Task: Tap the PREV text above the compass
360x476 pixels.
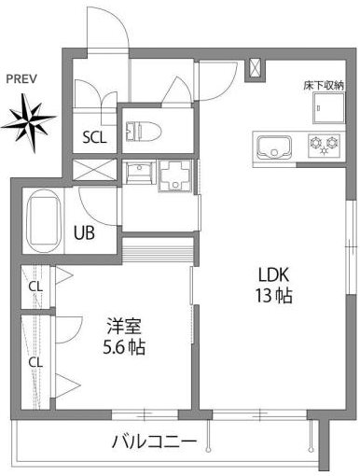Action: click(21, 79)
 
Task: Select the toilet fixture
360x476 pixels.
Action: click(144, 131)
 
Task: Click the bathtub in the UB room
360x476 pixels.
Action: click(44, 221)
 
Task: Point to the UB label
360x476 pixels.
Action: click(84, 232)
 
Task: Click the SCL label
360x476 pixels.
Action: click(94, 137)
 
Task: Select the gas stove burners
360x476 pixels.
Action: click(324, 145)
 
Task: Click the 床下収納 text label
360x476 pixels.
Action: click(324, 86)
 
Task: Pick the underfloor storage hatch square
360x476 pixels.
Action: click(329, 108)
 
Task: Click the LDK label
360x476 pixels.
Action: click(274, 274)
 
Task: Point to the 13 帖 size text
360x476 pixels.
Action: click(274, 296)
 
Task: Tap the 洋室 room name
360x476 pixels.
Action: click(124, 326)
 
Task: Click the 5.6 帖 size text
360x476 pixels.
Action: click(124, 347)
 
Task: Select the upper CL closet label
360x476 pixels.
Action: click(35, 287)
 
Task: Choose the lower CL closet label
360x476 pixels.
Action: click(35, 362)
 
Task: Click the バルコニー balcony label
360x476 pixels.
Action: click(154, 441)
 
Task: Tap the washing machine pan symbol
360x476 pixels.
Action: click(174, 175)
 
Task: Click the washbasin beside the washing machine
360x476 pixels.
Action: click(139, 172)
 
